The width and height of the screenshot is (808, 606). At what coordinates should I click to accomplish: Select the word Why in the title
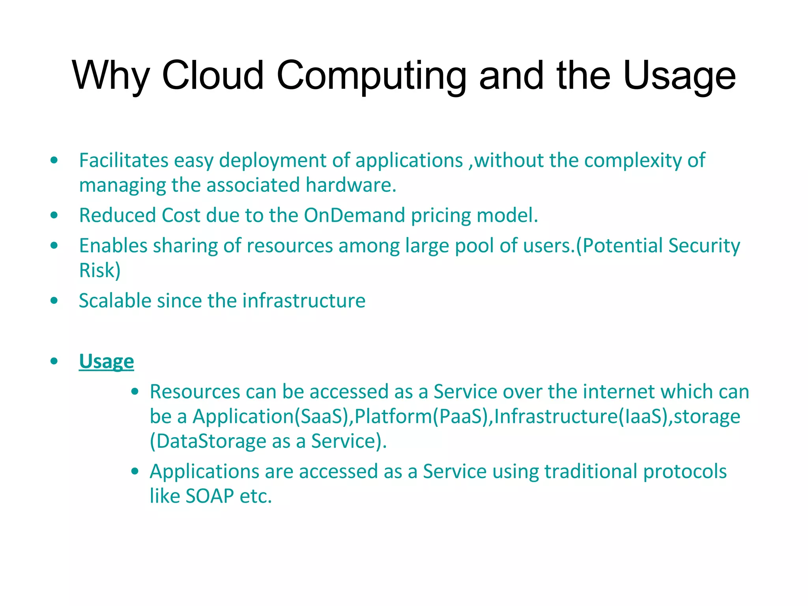pyautogui.click(x=111, y=76)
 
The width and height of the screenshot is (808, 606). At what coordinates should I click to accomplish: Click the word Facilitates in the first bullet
pyautogui.click(x=124, y=160)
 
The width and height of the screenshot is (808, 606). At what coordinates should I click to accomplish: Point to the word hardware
pyautogui.click(x=351, y=185)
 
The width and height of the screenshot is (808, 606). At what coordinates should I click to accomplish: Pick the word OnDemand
pyautogui.click(x=354, y=215)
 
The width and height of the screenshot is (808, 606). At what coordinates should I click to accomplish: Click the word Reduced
pyautogui.click(x=118, y=215)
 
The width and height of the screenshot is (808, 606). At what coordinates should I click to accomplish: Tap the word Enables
pyautogui.click(x=113, y=245)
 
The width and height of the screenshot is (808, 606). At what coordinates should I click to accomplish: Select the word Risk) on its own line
pyautogui.click(x=99, y=271)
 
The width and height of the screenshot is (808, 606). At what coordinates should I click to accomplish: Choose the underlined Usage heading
pyautogui.click(x=107, y=361)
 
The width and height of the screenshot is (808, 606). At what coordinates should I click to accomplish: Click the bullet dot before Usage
pyautogui.click(x=54, y=361)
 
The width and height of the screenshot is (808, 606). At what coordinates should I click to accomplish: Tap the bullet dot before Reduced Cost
pyautogui.click(x=54, y=215)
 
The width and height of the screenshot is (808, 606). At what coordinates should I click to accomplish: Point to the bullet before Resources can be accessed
pyautogui.click(x=135, y=392)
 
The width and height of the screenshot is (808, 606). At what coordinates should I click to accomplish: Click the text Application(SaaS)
pyautogui.click(x=271, y=417)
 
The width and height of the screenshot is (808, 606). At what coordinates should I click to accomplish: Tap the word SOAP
pyautogui.click(x=209, y=496)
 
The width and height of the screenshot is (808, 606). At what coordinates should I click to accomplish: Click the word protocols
pyautogui.click(x=685, y=471)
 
